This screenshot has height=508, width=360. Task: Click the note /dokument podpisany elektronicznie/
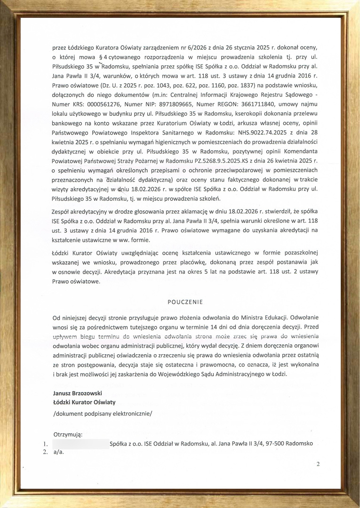click(103, 414)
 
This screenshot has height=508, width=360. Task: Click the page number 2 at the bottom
click(318, 464)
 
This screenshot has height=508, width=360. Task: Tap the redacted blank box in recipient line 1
click(80, 444)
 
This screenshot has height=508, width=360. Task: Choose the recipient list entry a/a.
click(58, 452)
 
